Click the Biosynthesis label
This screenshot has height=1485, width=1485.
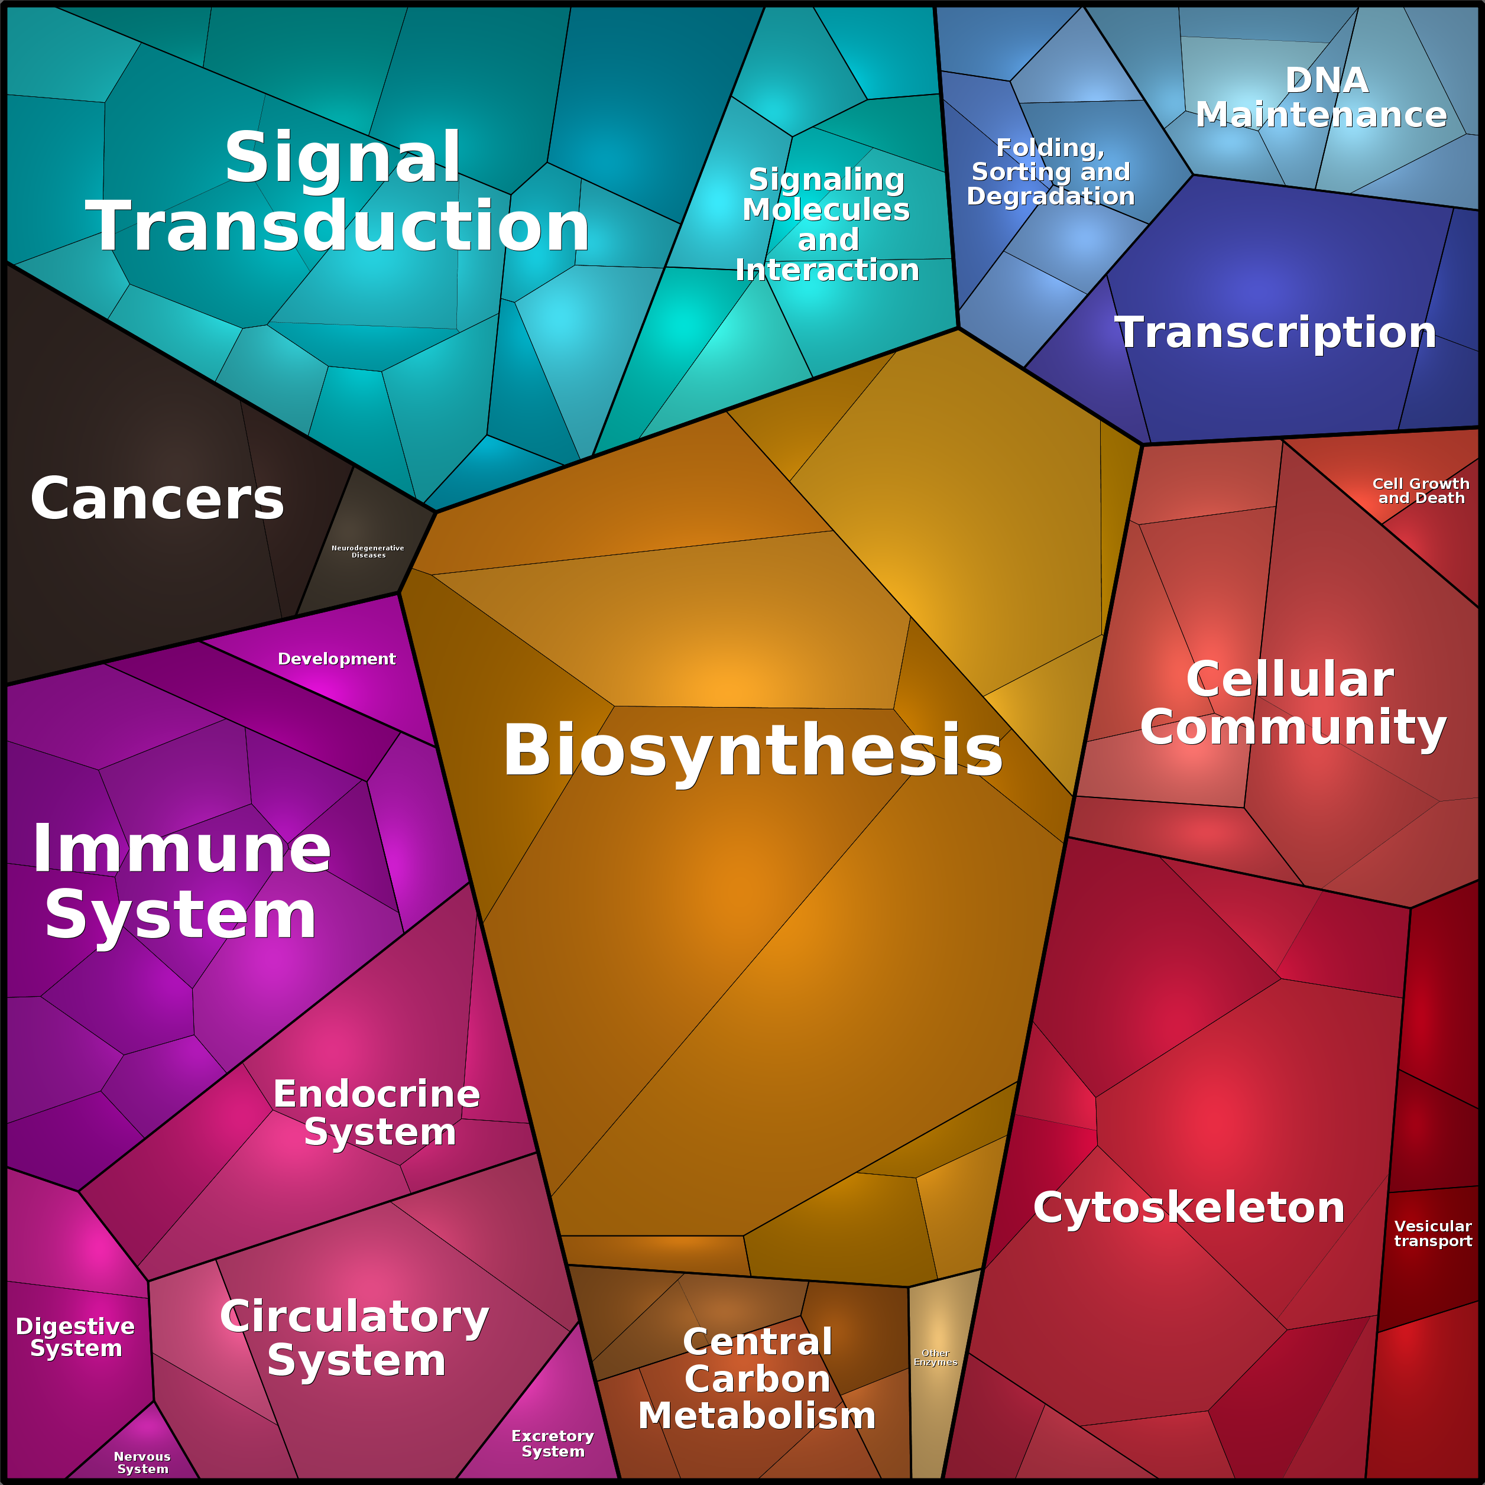point(753,750)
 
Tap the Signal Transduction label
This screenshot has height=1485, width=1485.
point(338,192)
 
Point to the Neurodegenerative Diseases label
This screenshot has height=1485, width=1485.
point(367,551)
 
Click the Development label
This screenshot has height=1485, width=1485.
point(336,659)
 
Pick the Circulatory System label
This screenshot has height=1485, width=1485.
point(355,1338)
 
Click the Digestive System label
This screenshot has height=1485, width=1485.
point(75,1337)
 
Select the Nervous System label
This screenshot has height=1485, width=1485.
point(142,1462)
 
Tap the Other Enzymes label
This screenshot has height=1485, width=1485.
point(935,1357)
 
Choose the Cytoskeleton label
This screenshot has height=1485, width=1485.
point(1189,1208)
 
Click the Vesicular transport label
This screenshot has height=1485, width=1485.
point(1433,1233)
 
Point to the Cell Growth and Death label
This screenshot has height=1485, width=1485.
point(1421,491)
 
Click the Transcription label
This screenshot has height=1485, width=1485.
point(1276,332)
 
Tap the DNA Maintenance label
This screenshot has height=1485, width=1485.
point(1321,98)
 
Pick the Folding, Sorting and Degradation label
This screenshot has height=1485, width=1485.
point(1050,171)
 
